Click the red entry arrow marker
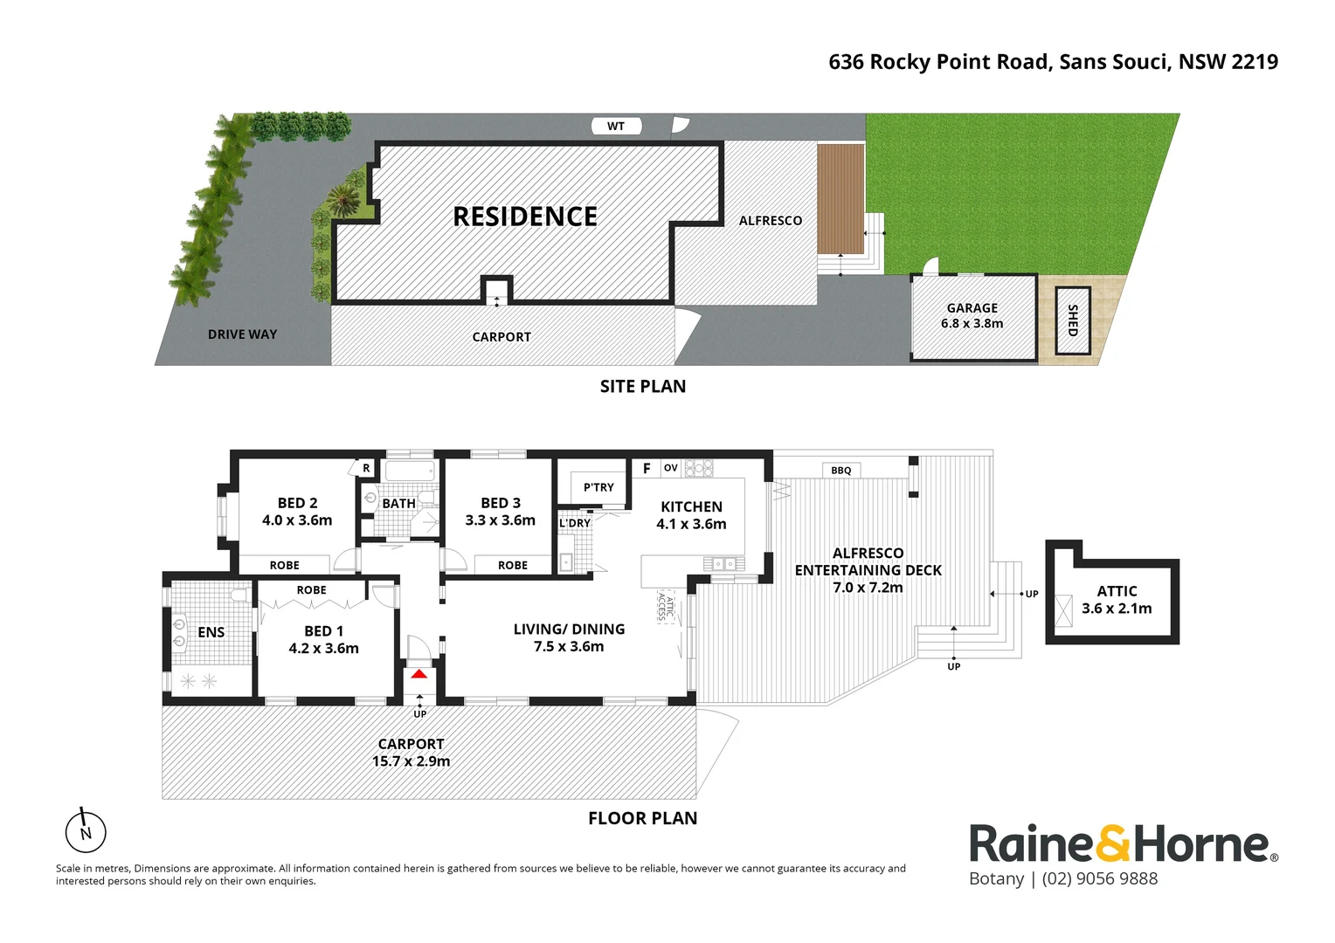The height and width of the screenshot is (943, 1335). pos(419,673)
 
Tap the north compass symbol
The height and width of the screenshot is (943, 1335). pos(86,831)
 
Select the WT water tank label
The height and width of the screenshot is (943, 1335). pos(616,127)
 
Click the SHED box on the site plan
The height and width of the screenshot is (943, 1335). pos(1073,320)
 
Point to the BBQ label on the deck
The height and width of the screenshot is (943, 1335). pos(840,471)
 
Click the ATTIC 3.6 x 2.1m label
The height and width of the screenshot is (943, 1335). pos(1117,600)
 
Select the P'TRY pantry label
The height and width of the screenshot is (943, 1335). pos(598,487)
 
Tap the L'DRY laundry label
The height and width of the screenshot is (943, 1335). pos(575,523)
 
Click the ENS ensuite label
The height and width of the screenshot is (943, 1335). pos(211,632)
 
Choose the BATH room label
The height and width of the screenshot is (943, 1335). pos(398,504)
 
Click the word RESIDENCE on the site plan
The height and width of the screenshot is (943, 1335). pos(525,217)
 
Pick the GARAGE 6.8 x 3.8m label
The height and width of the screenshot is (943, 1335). pos(972,315)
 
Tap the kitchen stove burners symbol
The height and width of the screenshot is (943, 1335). pos(698,468)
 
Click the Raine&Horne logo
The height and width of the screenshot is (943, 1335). pos(1123,843)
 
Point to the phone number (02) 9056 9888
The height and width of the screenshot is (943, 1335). pos(1099,879)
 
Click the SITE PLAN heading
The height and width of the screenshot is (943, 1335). pos(642,386)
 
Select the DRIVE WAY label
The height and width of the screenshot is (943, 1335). pos(242,334)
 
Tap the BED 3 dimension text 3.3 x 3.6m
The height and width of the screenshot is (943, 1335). pos(500,520)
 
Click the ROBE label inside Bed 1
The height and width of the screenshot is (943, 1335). pos(311,590)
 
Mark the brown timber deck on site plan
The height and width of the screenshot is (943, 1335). pos(840,198)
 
